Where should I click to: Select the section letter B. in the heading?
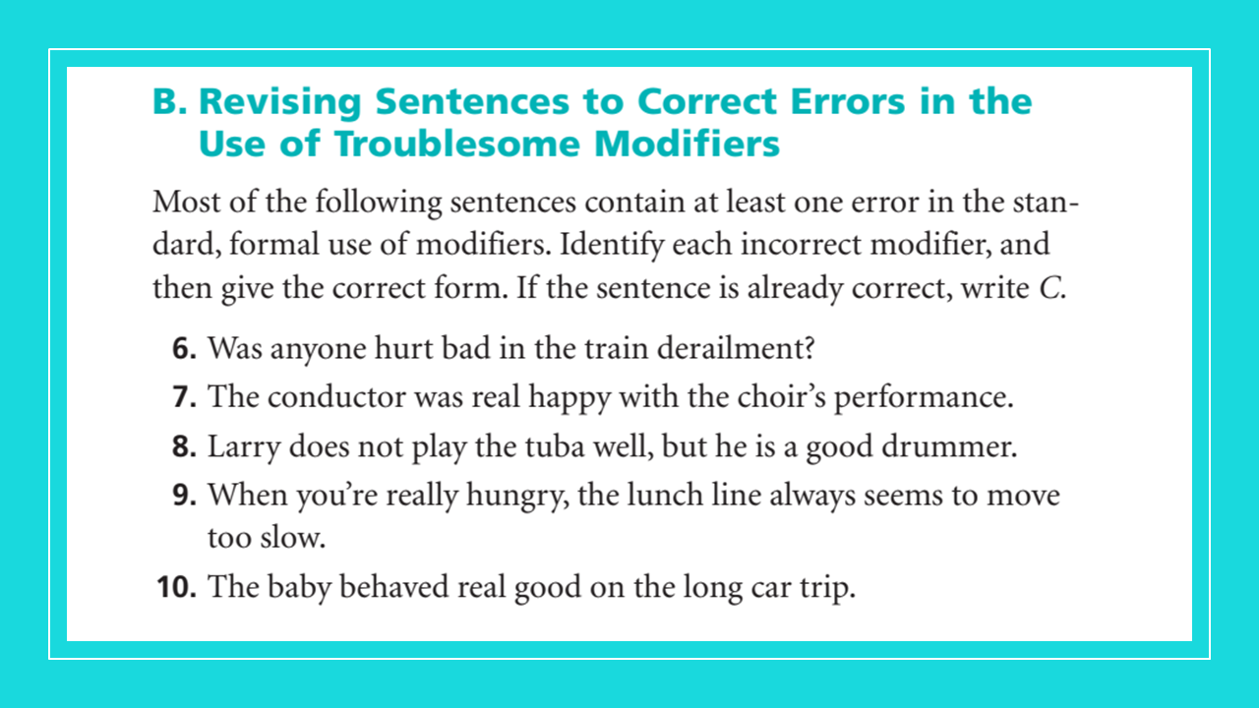[173, 101]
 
